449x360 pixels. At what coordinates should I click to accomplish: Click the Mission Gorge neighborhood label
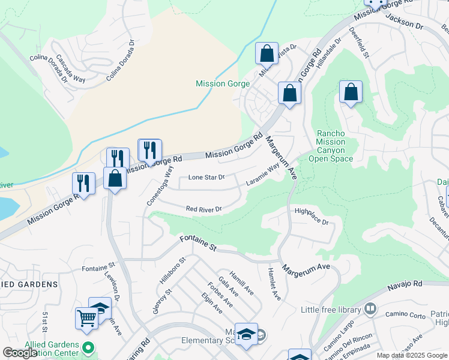coord(222,84)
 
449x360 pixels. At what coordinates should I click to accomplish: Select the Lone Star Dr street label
coord(206,178)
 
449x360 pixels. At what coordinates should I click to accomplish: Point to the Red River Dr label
coord(203,209)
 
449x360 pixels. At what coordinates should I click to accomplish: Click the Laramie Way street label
coord(263,176)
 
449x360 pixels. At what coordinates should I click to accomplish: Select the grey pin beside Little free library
coord(370,309)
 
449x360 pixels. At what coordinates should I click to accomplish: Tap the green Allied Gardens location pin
coord(89,347)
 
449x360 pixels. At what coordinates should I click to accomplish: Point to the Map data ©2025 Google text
coord(411,355)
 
